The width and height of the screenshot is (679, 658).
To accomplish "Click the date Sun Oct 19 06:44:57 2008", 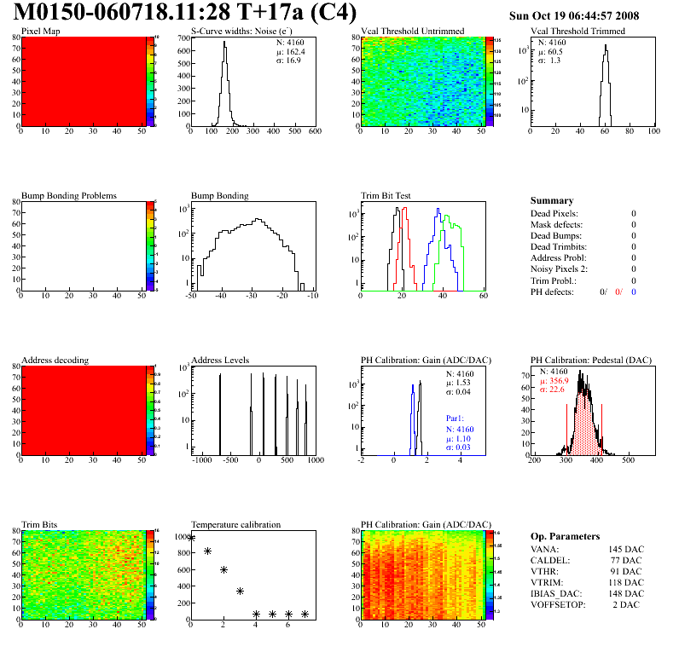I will pyautogui.click(x=573, y=15).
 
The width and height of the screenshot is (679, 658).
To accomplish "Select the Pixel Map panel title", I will pyautogui.click(x=40, y=32).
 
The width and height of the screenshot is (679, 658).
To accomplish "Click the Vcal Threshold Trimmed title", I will pyautogui.click(x=577, y=32).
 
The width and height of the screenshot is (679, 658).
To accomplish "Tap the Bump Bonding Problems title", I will pyautogui.click(x=69, y=195).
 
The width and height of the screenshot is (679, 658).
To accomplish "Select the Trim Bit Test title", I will pyautogui.click(x=386, y=195).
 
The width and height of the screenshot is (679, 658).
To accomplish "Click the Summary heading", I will pyautogui.click(x=551, y=200).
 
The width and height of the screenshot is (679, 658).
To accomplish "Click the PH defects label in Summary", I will pyautogui.click(x=551, y=291).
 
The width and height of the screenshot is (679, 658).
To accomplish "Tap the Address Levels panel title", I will pyautogui.click(x=220, y=360).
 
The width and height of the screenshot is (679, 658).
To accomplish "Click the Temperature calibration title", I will pyautogui.click(x=235, y=524).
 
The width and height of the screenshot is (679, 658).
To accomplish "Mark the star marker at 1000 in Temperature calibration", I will pyautogui.click(x=192, y=537).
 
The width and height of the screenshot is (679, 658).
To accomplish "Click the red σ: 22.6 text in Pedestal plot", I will pyautogui.click(x=554, y=390).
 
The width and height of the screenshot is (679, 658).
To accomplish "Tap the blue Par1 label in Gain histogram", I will pyautogui.click(x=456, y=418).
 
